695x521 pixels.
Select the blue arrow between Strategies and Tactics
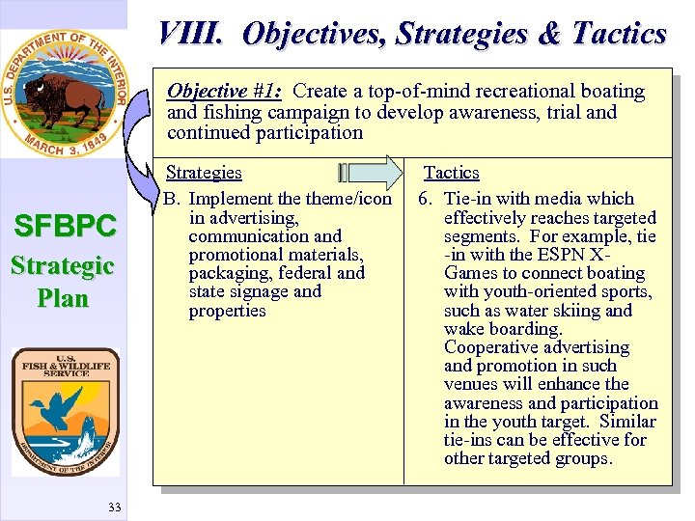tap(371, 173)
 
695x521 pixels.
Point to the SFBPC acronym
tap(64, 227)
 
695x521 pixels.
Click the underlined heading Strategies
tap(204, 173)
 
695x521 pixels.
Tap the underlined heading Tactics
tap(452, 173)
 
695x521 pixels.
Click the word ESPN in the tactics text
tap(563, 255)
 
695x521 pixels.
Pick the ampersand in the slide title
tap(548, 35)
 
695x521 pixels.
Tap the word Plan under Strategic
tap(64, 297)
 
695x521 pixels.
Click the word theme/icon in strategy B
tap(348, 199)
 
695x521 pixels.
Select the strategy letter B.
tap(172, 199)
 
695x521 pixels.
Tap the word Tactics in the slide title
tap(619, 35)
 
